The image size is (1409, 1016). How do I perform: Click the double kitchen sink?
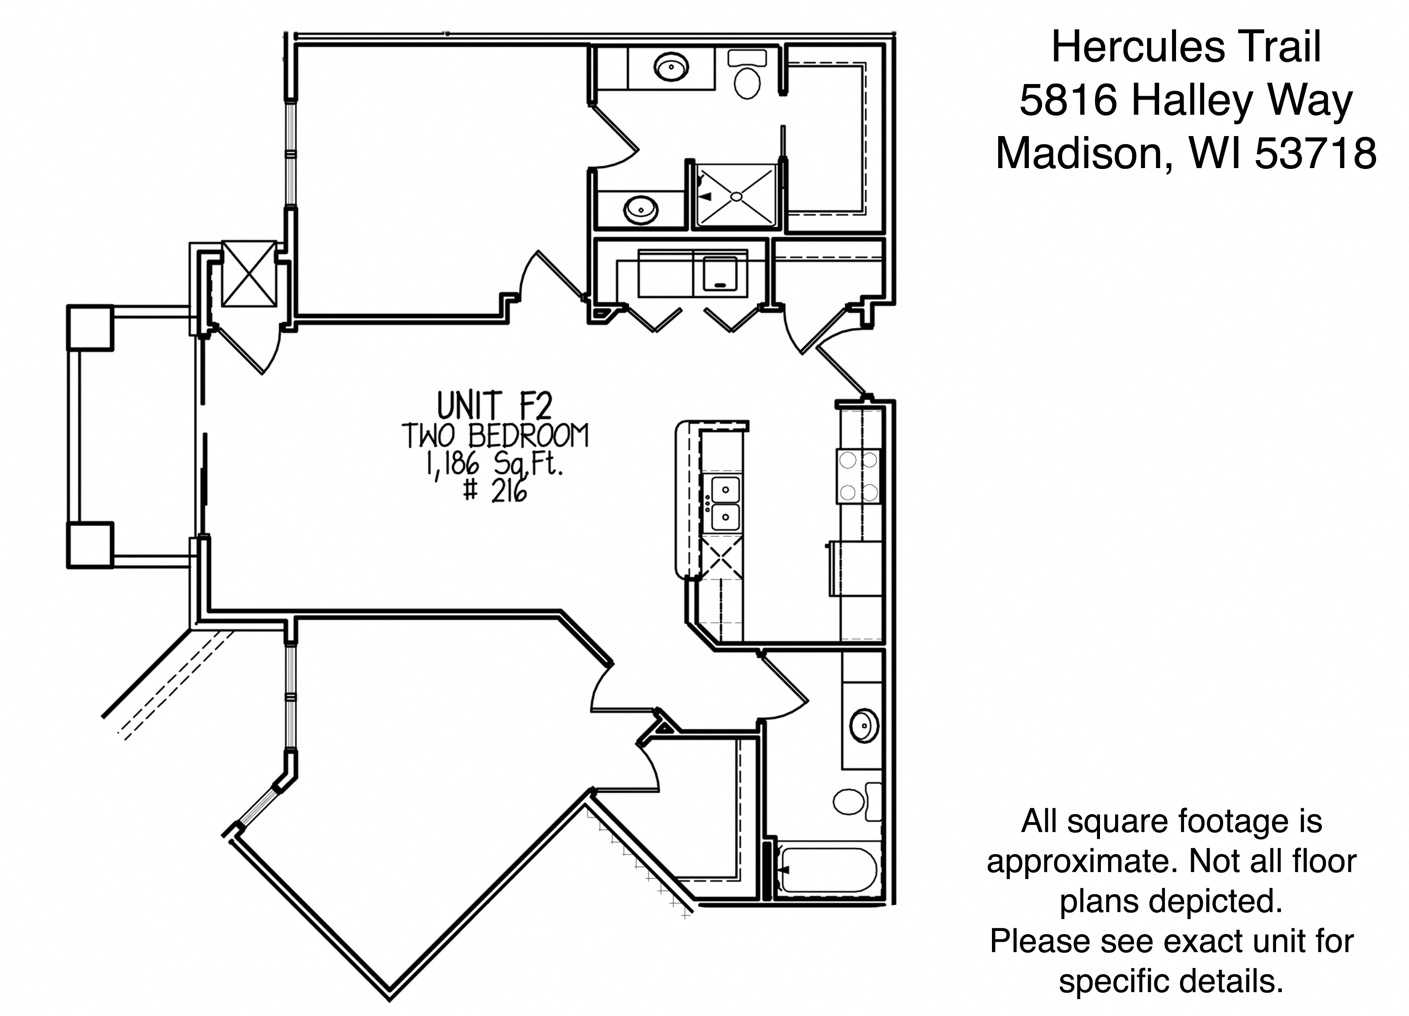(x=724, y=503)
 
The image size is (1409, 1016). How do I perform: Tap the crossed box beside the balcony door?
(x=249, y=274)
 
